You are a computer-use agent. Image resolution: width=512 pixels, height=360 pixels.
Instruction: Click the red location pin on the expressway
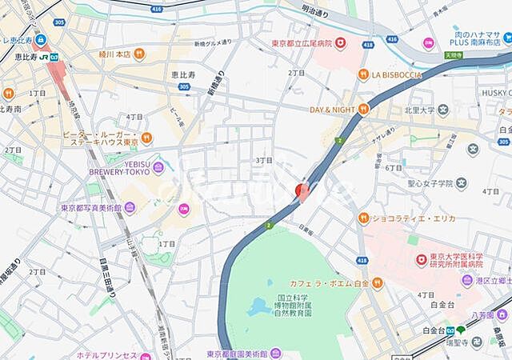[302, 190]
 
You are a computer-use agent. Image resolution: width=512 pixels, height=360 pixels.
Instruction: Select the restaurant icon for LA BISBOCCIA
[363, 74]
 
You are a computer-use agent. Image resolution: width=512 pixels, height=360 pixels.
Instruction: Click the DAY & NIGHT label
[332, 109]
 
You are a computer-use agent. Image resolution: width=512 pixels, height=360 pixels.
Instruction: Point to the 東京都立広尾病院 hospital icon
[340, 42]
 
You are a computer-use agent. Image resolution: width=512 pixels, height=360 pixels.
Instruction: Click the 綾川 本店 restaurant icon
[139, 54]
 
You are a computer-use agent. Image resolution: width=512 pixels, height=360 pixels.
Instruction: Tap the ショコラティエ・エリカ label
[406, 217]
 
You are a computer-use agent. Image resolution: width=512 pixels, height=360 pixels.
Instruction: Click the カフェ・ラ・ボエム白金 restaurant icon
[377, 282]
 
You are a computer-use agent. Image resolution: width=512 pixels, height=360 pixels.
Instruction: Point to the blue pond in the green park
[258, 306]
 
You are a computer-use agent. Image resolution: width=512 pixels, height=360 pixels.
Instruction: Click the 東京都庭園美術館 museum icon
[275, 353]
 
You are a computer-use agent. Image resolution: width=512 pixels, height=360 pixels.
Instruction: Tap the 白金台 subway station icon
[461, 330]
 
